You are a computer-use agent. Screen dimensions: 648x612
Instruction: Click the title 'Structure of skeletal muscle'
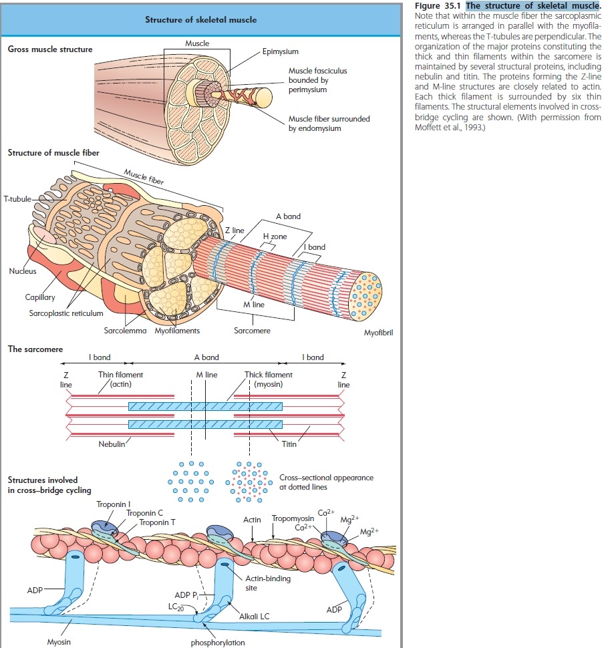point(200,20)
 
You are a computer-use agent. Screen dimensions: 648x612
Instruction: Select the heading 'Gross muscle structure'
point(50,49)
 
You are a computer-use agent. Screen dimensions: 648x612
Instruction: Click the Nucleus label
point(23,271)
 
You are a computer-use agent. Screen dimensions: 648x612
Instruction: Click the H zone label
point(274,237)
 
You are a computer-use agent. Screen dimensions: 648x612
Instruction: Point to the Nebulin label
point(112,444)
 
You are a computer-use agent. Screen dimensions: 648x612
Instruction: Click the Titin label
point(289,444)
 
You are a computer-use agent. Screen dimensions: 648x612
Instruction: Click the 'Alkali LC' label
point(255,616)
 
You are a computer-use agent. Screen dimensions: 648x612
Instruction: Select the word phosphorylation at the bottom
point(218,643)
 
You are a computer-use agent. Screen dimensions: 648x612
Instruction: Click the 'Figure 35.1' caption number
point(438,6)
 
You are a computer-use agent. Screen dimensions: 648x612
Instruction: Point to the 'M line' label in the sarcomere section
point(207,375)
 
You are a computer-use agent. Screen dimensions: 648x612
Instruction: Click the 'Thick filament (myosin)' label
point(268,379)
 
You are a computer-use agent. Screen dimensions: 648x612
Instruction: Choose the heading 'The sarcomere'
point(35,349)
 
